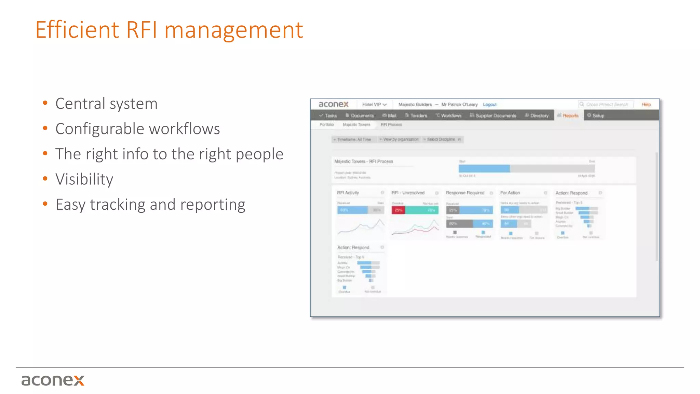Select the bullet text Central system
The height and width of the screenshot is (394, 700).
106,104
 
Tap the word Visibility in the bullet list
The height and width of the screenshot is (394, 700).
84,179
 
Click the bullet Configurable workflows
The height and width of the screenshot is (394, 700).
137,129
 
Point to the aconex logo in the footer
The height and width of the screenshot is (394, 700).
53,380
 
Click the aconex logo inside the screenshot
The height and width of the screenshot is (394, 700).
333,104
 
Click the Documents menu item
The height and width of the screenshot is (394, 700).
360,116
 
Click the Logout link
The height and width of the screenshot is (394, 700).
489,105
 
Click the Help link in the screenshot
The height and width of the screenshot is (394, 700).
646,105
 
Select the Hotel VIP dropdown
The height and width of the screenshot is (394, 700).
374,105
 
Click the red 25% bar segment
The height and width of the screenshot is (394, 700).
398,210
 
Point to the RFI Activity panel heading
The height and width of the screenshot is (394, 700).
348,193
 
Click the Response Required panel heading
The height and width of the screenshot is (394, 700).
465,193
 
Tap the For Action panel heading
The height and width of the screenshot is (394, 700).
510,193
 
